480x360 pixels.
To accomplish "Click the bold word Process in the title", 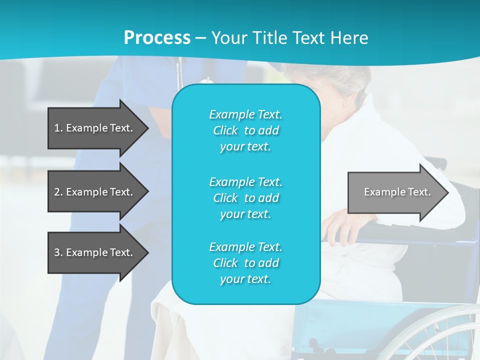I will (x=157, y=38).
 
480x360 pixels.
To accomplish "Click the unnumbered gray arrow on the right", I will (x=395, y=192).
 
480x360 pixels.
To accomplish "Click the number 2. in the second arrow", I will (x=58, y=192).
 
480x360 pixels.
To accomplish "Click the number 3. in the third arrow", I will (x=58, y=252).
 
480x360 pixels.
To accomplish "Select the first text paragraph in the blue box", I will (x=246, y=130).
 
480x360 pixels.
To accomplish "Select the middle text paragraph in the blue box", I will (x=246, y=198).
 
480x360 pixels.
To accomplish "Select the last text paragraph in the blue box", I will (x=246, y=263).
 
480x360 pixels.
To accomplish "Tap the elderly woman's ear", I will (x=345, y=102).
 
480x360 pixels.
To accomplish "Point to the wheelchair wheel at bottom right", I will (x=440, y=335).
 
